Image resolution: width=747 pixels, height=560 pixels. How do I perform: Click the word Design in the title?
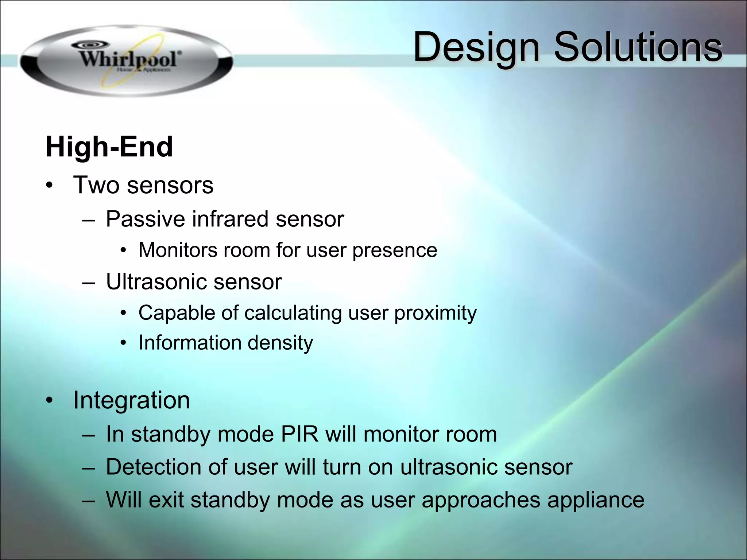click(x=476, y=47)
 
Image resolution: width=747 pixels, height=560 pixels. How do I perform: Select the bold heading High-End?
click(x=109, y=147)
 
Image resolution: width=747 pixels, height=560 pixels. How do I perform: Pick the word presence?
click(x=395, y=250)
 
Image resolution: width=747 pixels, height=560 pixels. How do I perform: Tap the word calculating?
click(x=293, y=313)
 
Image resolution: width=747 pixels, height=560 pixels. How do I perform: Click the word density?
click(x=280, y=343)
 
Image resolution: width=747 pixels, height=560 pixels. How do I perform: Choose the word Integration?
click(x=132, y=400)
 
